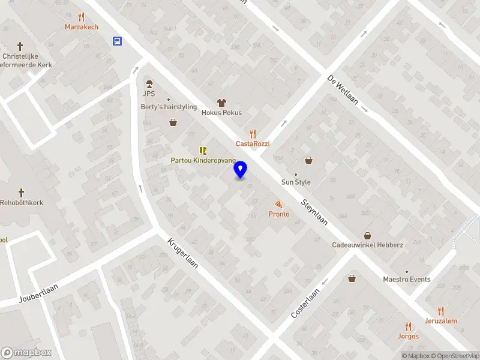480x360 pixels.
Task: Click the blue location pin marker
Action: (241, 170)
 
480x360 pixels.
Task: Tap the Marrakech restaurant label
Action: (82, 27)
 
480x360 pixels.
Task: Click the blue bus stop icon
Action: (117, 41)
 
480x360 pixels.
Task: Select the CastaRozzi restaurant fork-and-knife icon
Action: (253, 134)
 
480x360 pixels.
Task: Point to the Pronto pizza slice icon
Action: (278, 205)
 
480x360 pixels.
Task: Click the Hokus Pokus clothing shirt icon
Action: (221, 103)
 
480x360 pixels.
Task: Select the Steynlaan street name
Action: (315, 211)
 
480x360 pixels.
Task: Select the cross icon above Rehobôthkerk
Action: (22, 193)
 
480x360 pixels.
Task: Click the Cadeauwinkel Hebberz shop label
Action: (367, 245)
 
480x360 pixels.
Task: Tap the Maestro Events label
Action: (407, 279)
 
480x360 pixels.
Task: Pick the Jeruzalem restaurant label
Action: (441, 321)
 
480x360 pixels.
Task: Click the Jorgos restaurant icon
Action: (409, 326)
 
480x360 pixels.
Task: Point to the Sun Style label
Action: (296, 182)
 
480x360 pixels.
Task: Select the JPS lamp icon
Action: (149, 83)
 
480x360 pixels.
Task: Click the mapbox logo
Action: (26, 353)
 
